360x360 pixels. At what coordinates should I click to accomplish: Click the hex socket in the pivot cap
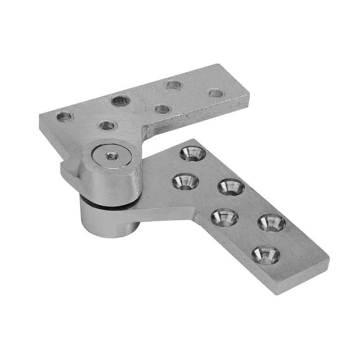[x=112, y=156]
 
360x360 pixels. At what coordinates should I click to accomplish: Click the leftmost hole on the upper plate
[x=65, y=116]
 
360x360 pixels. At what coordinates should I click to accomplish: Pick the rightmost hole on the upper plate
[x=215, y=93]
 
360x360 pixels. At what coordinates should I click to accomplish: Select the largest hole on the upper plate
[x=120, y=101]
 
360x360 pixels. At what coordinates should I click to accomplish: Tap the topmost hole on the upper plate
[x=174, y=85]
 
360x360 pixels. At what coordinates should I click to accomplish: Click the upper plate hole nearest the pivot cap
[x=107, y=125]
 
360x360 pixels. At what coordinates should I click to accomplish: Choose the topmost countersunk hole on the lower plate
[x=192, y=153]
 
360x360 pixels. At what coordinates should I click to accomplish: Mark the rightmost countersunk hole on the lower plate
[x=272, y=223]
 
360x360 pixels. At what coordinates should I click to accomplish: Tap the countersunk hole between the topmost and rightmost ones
[x=231, y=187]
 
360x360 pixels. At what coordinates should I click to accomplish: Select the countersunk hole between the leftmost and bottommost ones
[x=224, y=217]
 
